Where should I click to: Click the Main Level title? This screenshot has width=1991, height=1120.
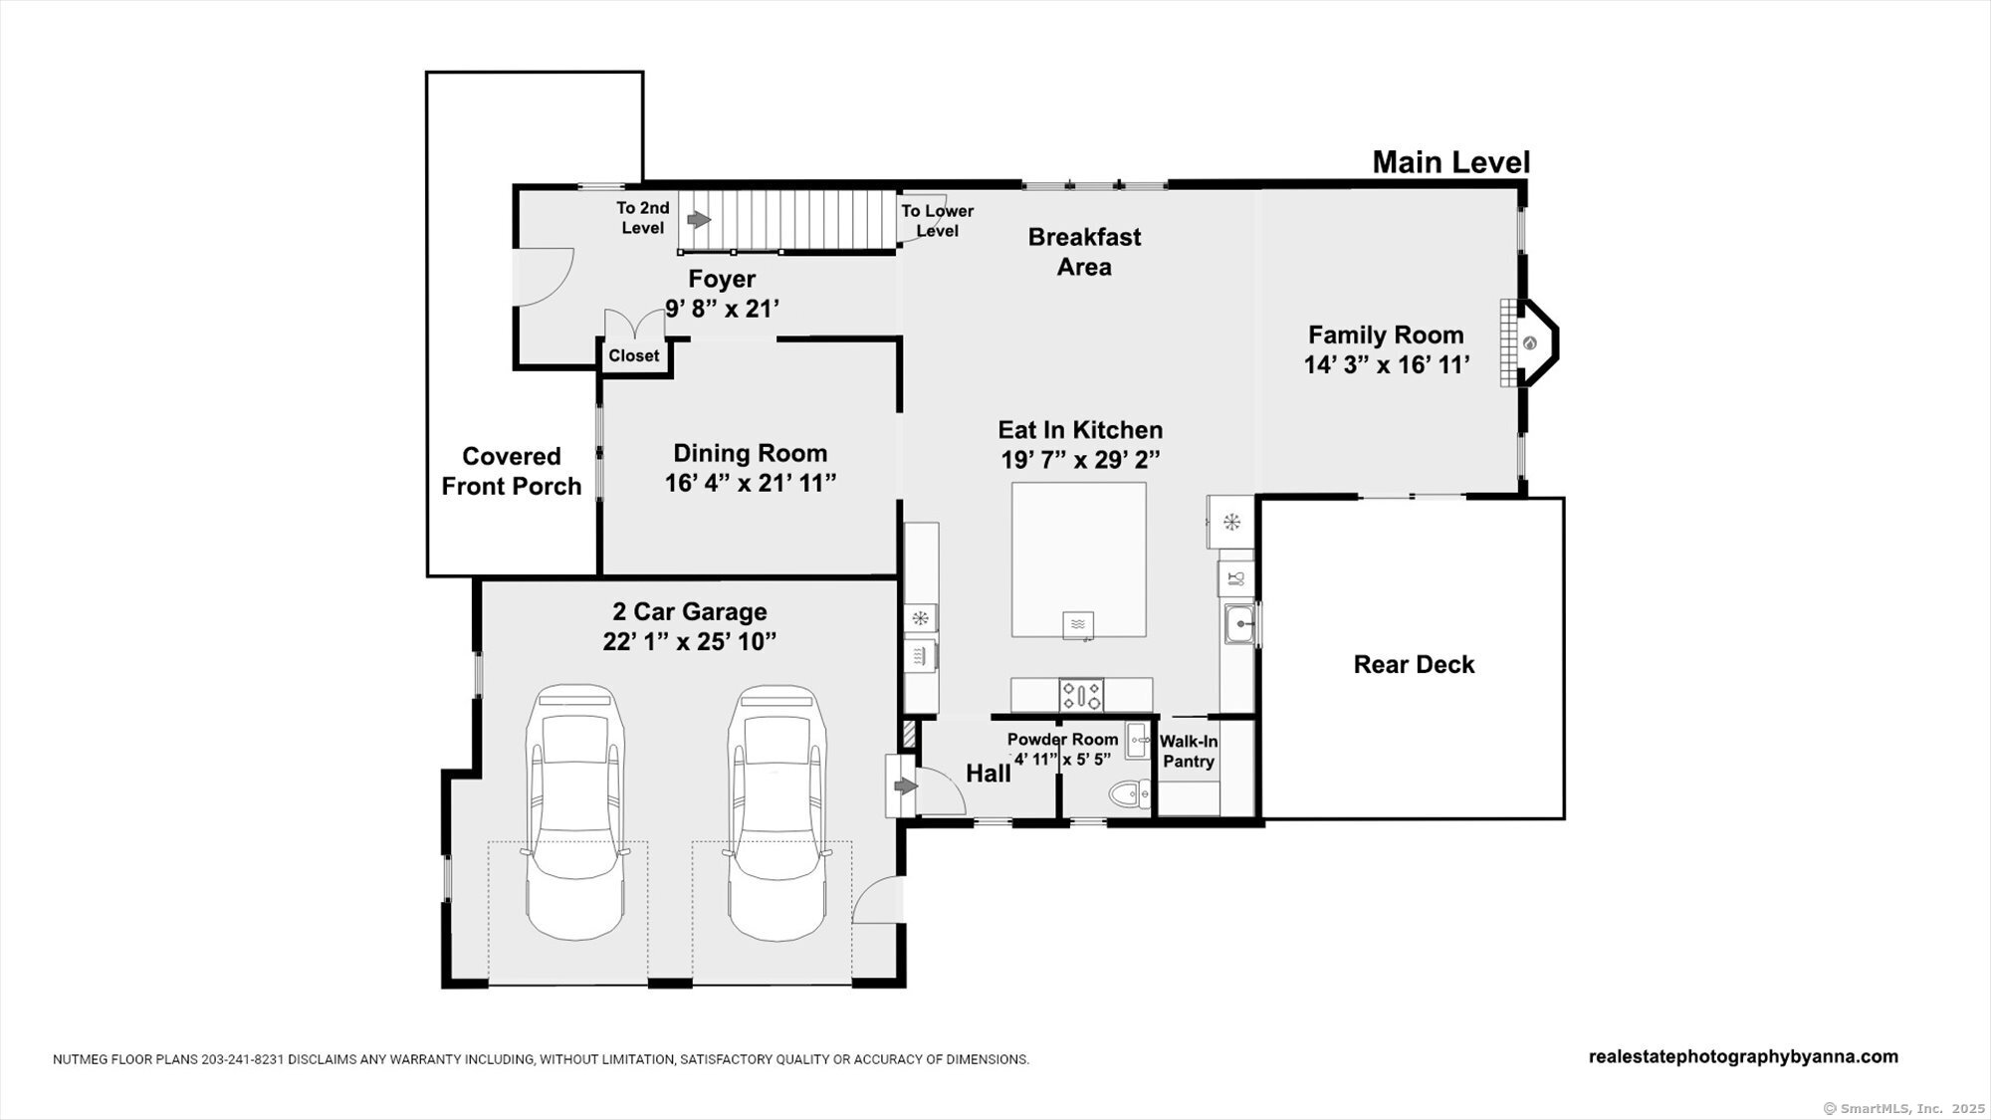pyautogui.click(x=1450, y=162)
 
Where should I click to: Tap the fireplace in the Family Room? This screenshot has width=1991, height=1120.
pyautogui.click(x=1529, y=343)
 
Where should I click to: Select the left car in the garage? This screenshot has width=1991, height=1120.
pyautogui.click(x=576, y=811)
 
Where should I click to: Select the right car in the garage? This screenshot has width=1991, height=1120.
pyautogui.click(x=776, y=811)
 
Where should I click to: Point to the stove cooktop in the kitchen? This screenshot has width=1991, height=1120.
pyautogui.click(x=1081, y=694)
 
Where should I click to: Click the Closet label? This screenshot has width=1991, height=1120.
pyautogui.click(x=634, y=355)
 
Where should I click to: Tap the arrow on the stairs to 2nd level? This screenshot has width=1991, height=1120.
pyautogui.click(x=700, y=219)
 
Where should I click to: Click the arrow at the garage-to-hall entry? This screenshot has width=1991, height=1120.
pyautogui.click(x=906, y=786)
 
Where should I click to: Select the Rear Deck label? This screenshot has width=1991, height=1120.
pyautogui.click(x=1414, y=664)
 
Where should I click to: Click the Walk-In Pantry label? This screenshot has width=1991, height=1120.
pyautogui.click(x=1189, y=752)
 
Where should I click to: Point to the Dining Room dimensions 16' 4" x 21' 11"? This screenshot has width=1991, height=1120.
pyautogui.click(x=751, y=483)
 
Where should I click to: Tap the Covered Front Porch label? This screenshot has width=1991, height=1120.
pyautogui.click(x=512, y=471)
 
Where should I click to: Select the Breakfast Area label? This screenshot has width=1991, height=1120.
pyautogui.click(x=1084, y=252)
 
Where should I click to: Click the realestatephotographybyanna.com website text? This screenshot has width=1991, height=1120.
pyautogui.click(x=1743, y=1056)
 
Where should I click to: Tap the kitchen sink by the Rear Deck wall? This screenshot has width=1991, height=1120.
pyautogui.click(x=1239, y=624)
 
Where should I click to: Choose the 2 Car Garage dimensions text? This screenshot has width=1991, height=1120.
pyautogui.click(x=689, y=641)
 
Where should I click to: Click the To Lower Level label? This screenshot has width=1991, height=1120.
pyautogui.click(x=937, y=221)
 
